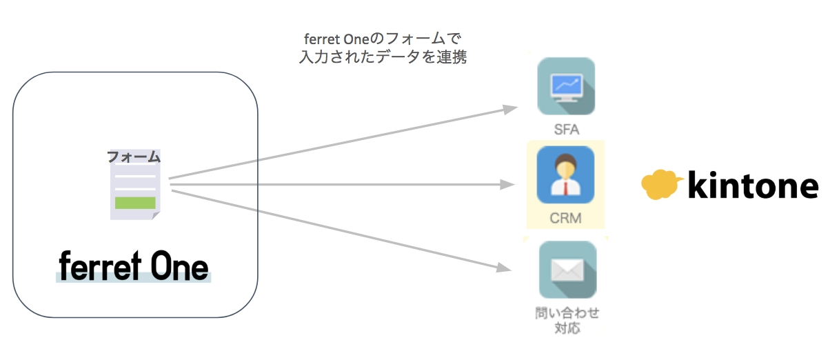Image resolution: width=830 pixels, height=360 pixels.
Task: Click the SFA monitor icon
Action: (x=566, y=87)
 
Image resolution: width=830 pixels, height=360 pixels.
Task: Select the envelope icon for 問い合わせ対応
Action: (x=567, y=270)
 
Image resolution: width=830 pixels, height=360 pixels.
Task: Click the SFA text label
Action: (x=566, y=128)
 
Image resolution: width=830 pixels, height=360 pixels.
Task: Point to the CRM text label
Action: (x=566, y=219)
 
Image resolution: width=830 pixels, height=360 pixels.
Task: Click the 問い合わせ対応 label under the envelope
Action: (x=567, y=320)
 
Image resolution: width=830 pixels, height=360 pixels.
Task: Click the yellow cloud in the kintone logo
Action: (x=662, y=184)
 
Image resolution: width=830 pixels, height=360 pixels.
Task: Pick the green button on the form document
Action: (x=135, y=203)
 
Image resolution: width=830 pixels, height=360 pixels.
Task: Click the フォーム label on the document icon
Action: (x=134, y=157)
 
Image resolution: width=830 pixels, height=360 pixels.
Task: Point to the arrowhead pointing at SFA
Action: (x=510, y=109)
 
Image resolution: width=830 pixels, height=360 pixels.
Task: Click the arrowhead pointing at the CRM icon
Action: (x=510, y=184)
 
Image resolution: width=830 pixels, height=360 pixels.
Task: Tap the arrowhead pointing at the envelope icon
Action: (x=510, y=268)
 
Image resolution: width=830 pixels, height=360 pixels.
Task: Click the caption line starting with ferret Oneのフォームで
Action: (x=383, y=39)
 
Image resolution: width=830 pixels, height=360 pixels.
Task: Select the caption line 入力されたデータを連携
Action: (x=383, y=58)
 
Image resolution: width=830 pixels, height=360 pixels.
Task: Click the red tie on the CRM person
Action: (x=566, y=188)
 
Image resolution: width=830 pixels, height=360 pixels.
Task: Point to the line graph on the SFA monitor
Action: (x=566, y=85)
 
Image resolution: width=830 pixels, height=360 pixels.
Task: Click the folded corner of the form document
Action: (x=156, y=215)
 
